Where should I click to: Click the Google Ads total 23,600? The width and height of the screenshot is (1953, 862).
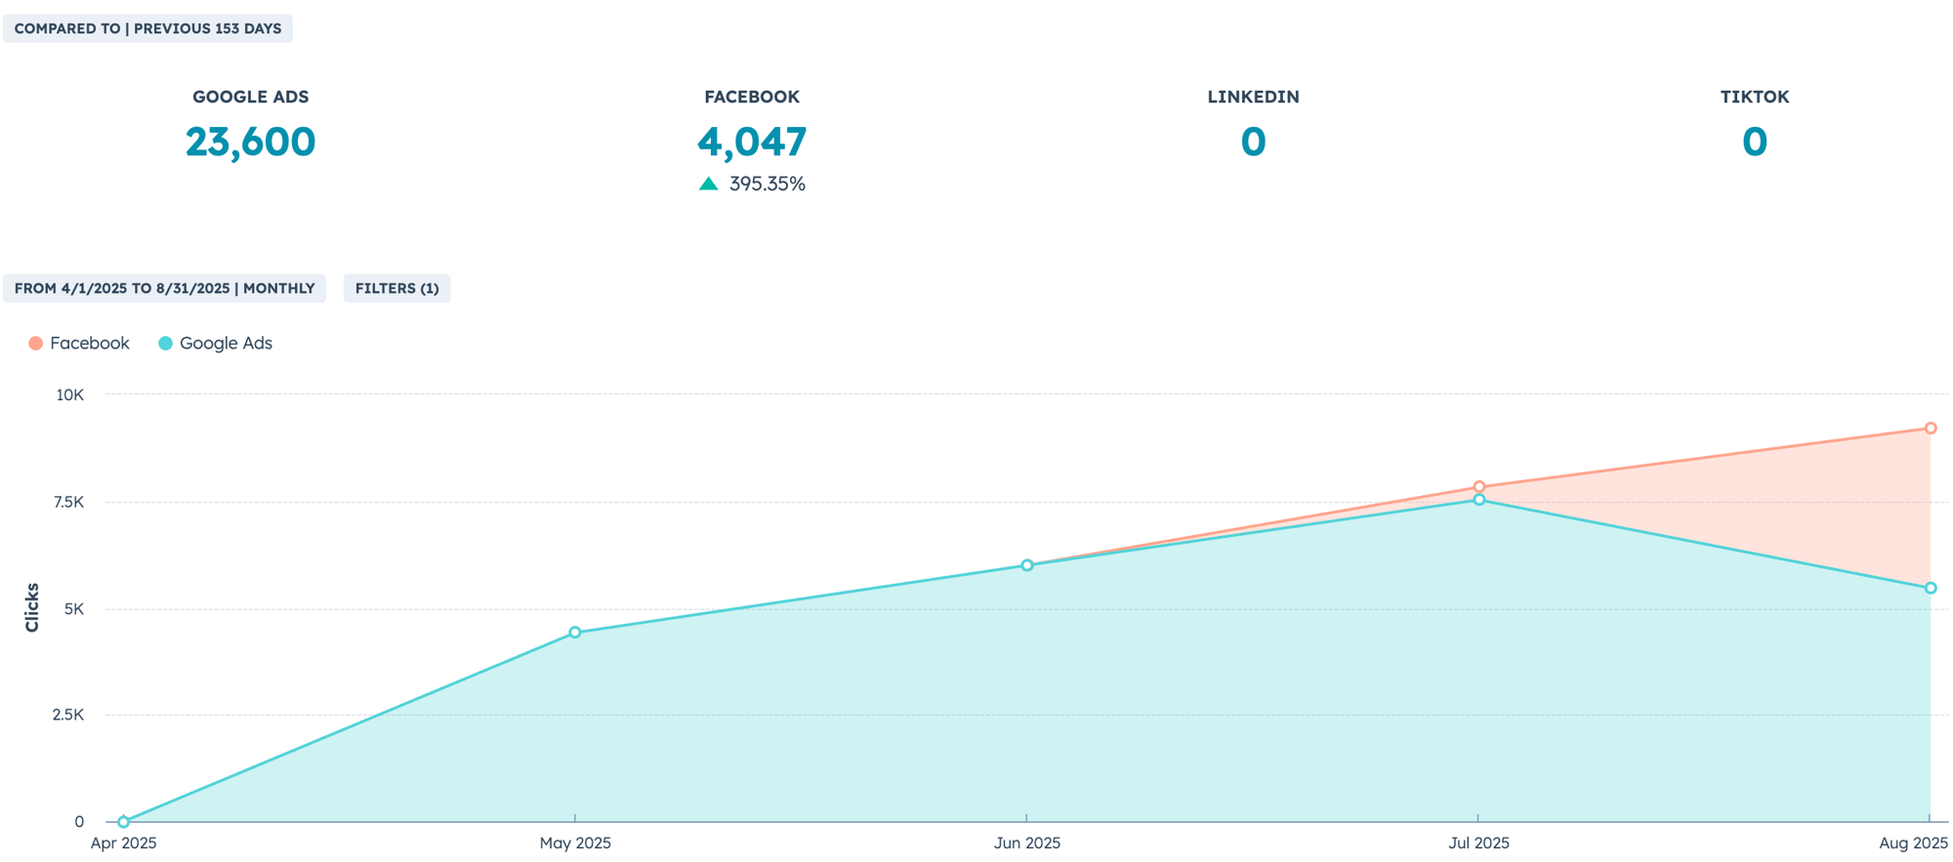(250, 142)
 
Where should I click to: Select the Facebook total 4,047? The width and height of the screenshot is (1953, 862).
(752, 142)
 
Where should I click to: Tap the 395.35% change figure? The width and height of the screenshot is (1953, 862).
(767, 184)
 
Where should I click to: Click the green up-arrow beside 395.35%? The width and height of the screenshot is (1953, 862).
(709, 184)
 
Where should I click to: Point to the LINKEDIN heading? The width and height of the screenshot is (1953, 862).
(1253, 97)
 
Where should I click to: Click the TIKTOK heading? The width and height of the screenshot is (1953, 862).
(1754, 97)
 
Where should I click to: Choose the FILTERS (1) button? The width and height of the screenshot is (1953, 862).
(396, 288)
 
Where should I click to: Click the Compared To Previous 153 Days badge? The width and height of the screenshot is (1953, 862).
(147, 28)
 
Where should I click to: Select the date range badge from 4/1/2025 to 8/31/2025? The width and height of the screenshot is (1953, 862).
(164, 288)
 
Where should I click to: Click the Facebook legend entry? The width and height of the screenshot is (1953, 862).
(79, 343)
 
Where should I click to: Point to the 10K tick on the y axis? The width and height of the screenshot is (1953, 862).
(70, 394)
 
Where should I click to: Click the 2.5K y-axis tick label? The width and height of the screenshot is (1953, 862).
(68, 715)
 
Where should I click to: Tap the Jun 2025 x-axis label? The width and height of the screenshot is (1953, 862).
(1026, 842)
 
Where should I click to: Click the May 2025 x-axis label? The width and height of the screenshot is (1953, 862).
(575, 842)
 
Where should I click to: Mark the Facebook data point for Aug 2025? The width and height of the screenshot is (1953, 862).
(1931, 429)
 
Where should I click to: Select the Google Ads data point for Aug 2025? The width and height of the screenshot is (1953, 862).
(1931, 589)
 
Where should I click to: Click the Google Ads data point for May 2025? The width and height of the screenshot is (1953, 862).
(575, 633)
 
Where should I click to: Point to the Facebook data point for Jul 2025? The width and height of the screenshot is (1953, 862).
(1479, 486)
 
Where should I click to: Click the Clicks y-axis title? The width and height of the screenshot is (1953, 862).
(32, 607)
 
